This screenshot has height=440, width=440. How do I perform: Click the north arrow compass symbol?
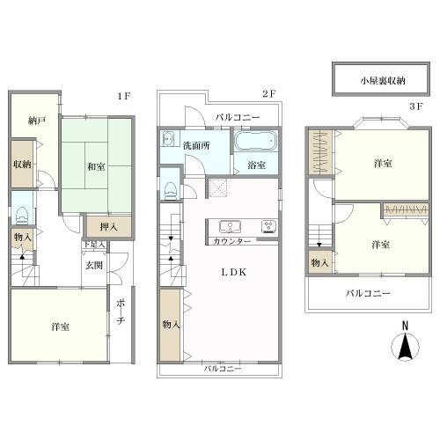pyautogui.click(x=405, y=342)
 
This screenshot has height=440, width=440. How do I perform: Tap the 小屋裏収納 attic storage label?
pyautogui.click(x=383, y=81)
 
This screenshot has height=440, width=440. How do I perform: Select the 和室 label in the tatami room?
pyautogui.click(x=96, y=167)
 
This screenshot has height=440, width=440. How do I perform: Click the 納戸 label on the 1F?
pyautogui.click(x=37, y=121)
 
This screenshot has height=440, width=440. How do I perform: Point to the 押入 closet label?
pyautogui.click(x=108, y=227)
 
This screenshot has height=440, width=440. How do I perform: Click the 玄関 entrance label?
pyautogui.click(x=94, y=266)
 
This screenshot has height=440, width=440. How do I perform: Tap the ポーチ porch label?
pyautogui.click(x=121, y=312)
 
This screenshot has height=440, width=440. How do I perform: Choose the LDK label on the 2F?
pyautogui.click(x=234, y=272)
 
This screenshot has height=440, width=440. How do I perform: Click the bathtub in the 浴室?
pyautogui.click(x=256, y=141)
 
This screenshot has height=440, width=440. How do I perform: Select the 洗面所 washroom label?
pyautogui.click(x=196, y=145)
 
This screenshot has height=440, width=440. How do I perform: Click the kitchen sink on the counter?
pyautogui.click(x=230, y=227)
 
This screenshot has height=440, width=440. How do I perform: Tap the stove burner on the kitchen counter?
pyautogui.click(x=269, y=227)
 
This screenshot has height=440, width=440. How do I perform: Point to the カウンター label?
pyautogui.click(x=232, y=242)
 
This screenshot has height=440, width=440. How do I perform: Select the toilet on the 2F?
pyautogui.click(x=171, y=190)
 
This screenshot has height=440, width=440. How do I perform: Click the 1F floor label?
pyautogui.click(x=123, y=96)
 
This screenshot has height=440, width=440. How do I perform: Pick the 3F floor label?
pyautogui.click(x=416, y=106)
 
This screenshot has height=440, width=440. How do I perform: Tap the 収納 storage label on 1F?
pyautogui.click(x=22, y=164)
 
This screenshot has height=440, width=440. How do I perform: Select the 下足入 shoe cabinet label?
pyautogui.click(x=94, y=244)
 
